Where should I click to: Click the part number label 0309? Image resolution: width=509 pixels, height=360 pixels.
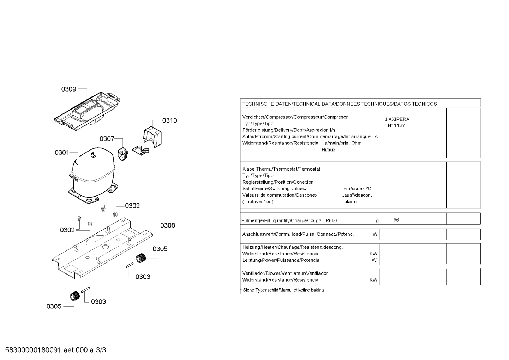(68, 89)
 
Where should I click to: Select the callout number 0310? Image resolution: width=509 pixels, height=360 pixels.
(169, 120)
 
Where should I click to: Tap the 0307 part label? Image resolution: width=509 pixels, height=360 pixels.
(107, 139)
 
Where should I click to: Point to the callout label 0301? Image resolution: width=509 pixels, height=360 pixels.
(62, 152)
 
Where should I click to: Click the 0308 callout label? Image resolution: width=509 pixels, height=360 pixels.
(168, 225)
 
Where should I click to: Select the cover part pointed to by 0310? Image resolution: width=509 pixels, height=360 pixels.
(152, 137)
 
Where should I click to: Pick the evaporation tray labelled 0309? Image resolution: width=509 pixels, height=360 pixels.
(87, 111)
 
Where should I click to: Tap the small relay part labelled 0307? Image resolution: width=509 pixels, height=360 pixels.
(123, 154)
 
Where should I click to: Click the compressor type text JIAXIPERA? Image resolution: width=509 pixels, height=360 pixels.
(397, 119)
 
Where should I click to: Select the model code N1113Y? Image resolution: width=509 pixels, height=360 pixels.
(396, 125)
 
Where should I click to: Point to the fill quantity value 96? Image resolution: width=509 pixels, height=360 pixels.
(396, 220)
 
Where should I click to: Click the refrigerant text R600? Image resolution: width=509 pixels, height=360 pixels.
(331, 220)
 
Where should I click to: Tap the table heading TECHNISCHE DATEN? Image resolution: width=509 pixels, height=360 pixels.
(267, 104)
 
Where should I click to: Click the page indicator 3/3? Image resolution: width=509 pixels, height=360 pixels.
(101, 350)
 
